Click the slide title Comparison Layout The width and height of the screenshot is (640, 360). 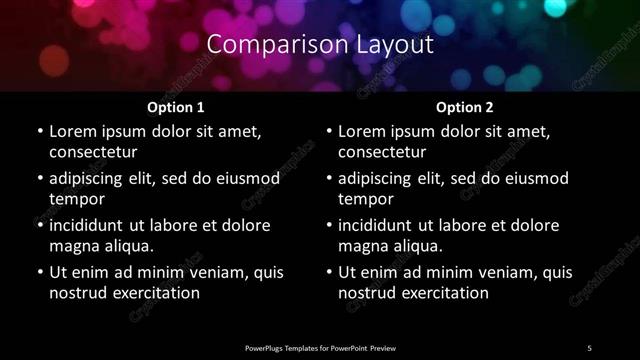point(320,45)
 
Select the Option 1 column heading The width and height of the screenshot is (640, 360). point(176,106)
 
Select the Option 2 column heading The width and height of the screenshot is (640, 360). point(465,106)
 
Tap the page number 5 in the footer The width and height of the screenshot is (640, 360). point(590,347)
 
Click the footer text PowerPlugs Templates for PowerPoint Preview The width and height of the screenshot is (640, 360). point(320,347)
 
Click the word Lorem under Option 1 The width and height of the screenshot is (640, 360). point(72,131)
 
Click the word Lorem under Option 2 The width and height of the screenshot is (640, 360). point(362,131)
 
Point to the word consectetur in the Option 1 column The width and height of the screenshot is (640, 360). point(93,152)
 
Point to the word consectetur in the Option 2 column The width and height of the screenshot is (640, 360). point(383,152)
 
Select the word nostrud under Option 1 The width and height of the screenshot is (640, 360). point(77,293)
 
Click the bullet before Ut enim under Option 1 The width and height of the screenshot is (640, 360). point(39,272)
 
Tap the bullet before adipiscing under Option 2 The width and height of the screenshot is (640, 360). point(329,178)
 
